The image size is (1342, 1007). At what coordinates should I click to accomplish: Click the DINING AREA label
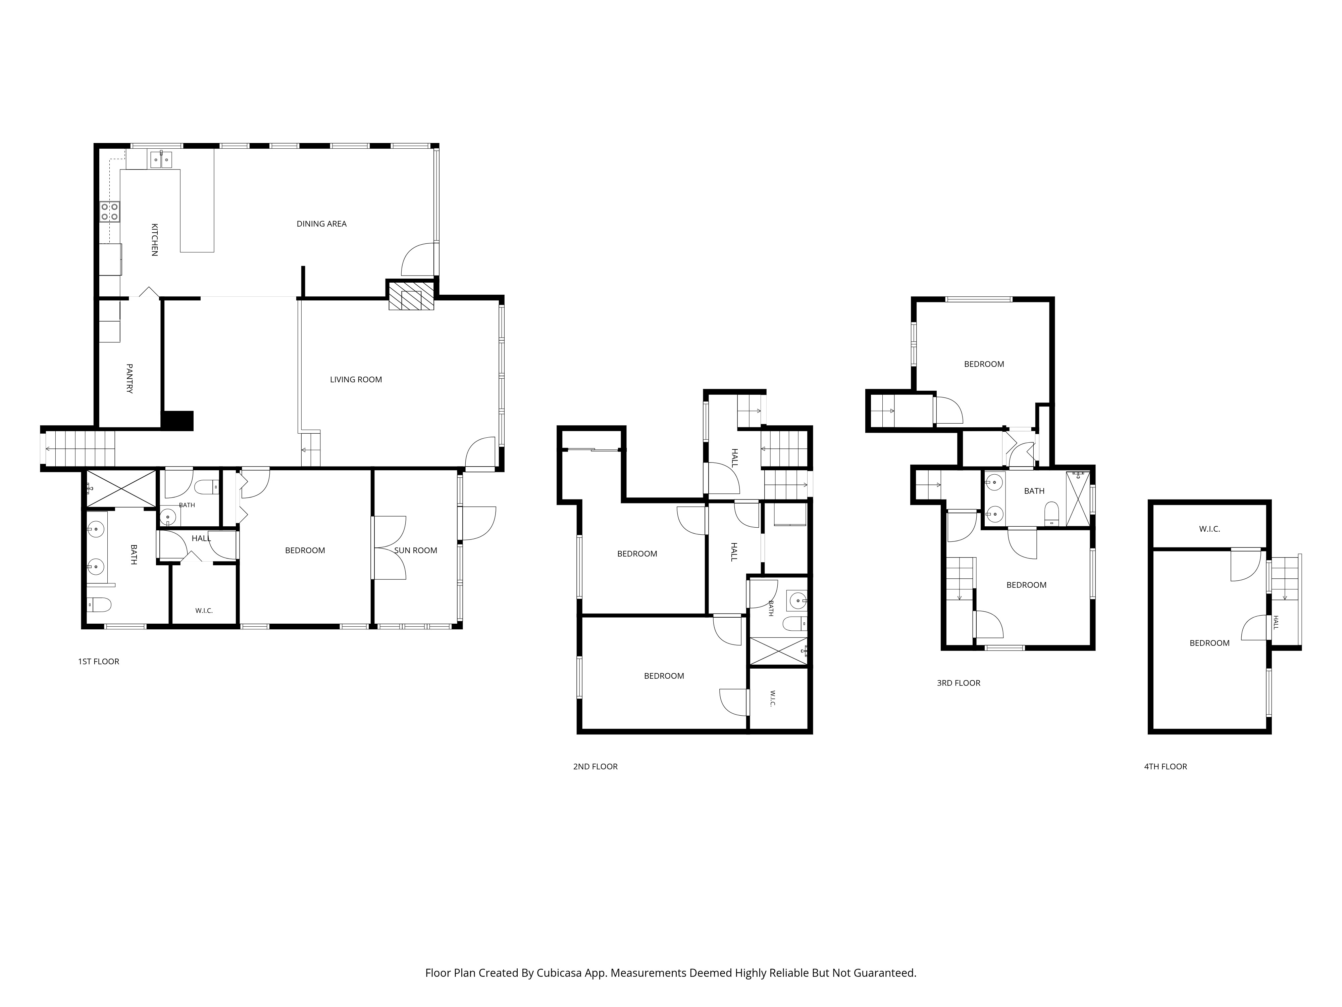(x=321, y=224)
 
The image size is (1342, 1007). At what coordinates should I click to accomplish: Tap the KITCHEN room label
(x=154, y=240)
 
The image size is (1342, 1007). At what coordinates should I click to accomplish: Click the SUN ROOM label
(x=416, y=550)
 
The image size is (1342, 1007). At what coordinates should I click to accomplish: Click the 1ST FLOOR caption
(x=98, y=662)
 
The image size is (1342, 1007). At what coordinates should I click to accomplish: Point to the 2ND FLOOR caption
(x=595, y=767)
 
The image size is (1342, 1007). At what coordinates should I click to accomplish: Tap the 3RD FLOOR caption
(x=959, y=683)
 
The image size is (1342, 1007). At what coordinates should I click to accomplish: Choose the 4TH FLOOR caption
(x=1166, y=767)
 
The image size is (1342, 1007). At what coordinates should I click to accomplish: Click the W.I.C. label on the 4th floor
(x=1209, y=529)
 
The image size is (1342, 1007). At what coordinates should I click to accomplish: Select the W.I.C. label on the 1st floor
(x=204, y=611)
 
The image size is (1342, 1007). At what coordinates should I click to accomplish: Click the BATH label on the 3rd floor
(x=1034, y=491)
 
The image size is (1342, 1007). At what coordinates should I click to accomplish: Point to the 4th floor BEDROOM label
(x=1209, y=643)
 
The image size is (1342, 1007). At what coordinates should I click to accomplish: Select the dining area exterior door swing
(x=418, y=259)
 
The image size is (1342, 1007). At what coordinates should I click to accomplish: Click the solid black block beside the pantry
(x=177, y=421)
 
